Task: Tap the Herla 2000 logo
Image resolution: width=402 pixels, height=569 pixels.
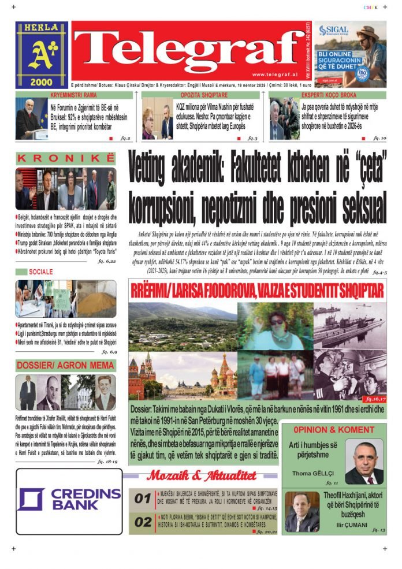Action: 42,55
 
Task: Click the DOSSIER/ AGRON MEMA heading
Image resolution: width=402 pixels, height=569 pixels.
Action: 65,365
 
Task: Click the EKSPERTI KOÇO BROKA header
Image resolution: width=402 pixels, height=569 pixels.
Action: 327,94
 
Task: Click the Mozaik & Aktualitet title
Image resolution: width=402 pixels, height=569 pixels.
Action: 201,475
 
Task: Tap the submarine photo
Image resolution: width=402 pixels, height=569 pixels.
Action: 350,327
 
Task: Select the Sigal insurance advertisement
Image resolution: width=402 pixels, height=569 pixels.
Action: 353,55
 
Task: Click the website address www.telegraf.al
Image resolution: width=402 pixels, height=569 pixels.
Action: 274,75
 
